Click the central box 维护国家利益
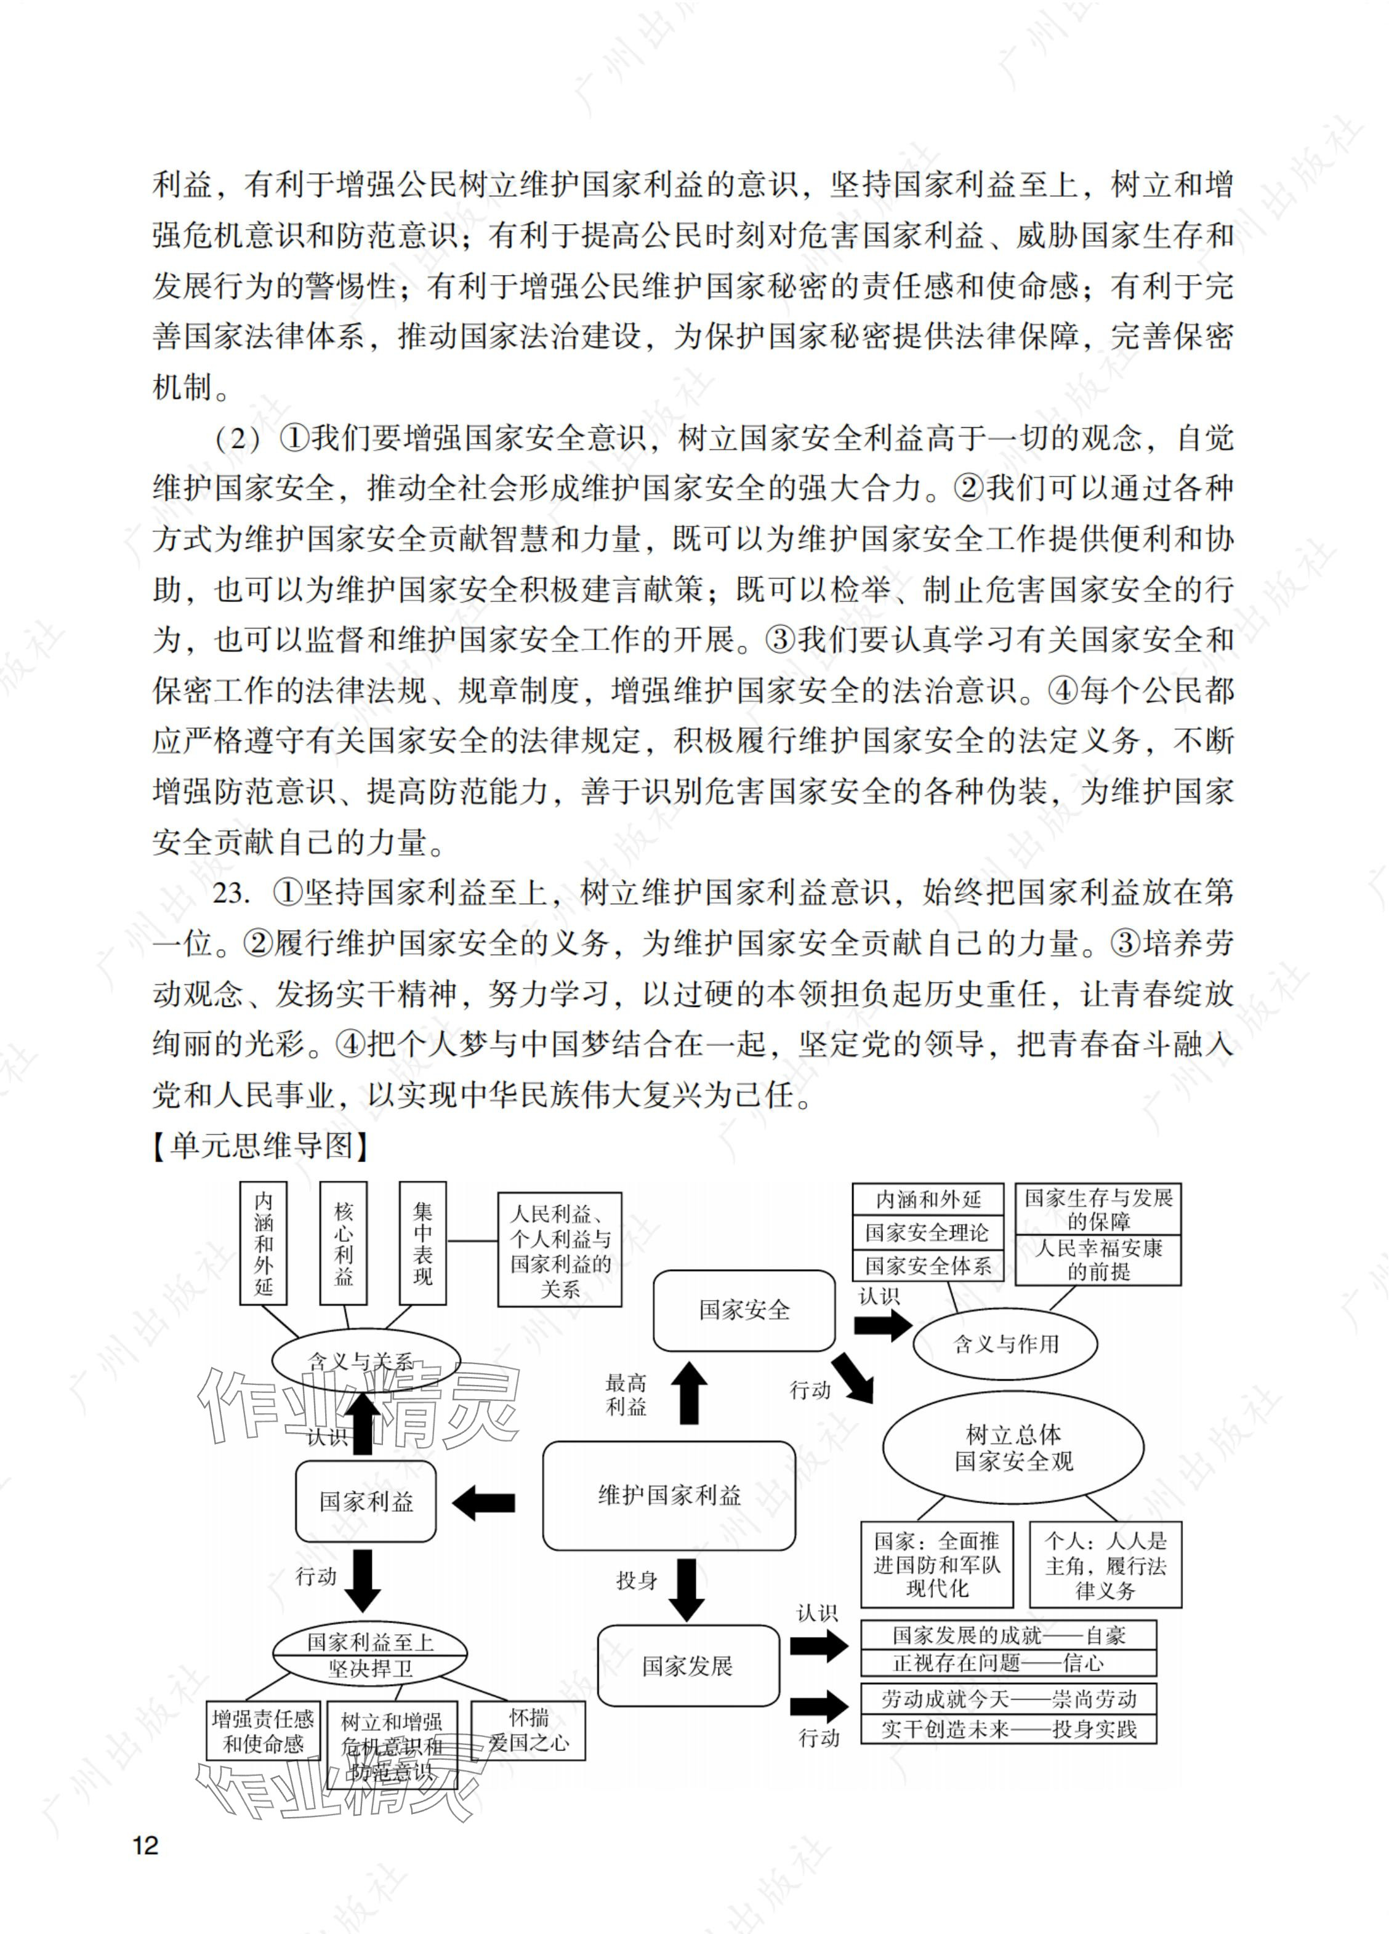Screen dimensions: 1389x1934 669,1496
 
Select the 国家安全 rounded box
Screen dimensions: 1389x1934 744,1310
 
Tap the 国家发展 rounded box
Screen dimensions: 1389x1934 688,1666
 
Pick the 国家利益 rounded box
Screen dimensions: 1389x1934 366,1501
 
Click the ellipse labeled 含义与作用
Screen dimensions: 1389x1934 1005,1345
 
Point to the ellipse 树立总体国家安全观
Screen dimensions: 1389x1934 1013,1448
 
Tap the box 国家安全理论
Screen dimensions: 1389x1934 927,1233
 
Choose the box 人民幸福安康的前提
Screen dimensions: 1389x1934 1098,1261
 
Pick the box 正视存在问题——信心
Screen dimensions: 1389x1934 1009,1663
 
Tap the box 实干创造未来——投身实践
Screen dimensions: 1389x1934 1009,1730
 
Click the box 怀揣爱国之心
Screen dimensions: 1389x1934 529,1730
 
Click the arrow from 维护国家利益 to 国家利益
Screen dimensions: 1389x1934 484,1503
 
